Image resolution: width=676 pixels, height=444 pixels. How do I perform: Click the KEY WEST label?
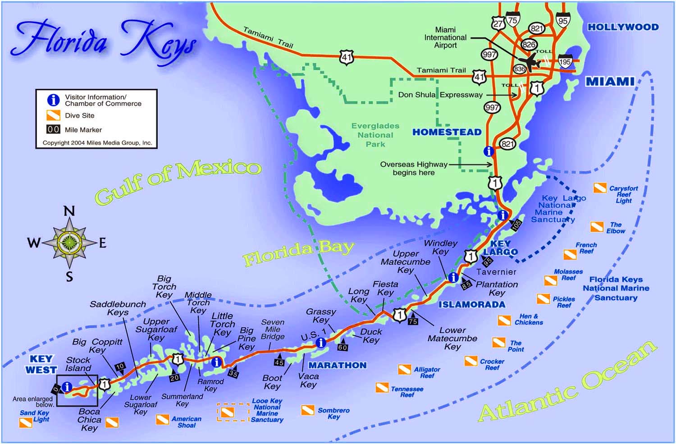point(41,365)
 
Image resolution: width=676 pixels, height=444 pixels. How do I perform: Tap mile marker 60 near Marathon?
point(343,347)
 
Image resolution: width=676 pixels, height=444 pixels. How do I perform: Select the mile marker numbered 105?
point(516,224)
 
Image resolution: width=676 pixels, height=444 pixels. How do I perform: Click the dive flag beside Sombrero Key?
point(307,410)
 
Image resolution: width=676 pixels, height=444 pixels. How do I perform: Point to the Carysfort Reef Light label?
point(623,194)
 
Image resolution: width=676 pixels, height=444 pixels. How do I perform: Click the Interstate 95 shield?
point(563,20)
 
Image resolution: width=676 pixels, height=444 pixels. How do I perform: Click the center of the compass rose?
point(69,243)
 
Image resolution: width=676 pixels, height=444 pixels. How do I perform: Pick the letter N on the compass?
point(69,211)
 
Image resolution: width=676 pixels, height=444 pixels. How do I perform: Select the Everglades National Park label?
point(375,135)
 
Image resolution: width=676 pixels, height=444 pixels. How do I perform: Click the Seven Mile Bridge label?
point(273,329)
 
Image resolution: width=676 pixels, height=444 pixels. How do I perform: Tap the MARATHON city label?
point(337,365)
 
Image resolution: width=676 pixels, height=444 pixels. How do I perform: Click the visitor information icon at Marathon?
point(320,343)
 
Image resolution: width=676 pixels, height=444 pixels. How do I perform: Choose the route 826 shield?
point(529,44)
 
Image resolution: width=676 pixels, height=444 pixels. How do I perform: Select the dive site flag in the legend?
point(53,115)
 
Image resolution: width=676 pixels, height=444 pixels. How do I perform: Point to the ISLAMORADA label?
point(472,305)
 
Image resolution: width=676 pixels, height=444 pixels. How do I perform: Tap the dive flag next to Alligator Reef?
point(404,370)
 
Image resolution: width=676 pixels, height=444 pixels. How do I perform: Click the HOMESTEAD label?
point(447,132)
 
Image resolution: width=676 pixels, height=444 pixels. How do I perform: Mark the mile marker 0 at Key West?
point(56,389)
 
